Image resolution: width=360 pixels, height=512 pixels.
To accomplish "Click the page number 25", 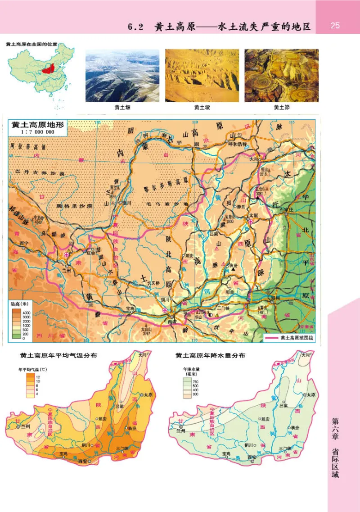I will click(335, 25).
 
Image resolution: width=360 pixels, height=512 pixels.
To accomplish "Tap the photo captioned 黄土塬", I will click(122, 76).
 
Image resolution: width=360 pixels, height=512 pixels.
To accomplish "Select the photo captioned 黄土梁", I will click(202, 76).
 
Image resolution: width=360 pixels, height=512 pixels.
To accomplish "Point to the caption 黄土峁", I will click(281, 108).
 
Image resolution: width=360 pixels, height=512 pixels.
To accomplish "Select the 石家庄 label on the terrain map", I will click(287, 208).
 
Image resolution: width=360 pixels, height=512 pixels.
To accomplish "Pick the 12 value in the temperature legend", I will click(38, 376).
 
